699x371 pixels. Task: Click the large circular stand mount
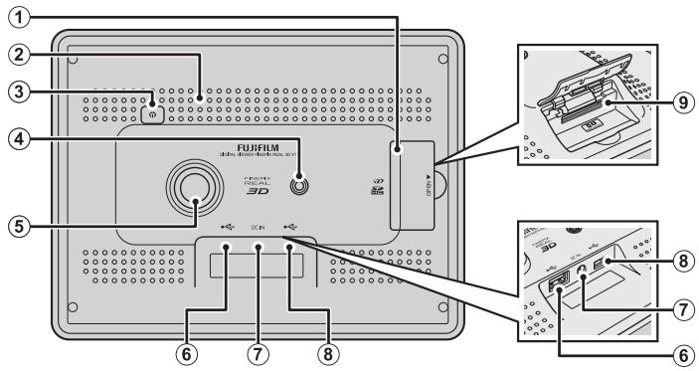coord(192,187)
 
